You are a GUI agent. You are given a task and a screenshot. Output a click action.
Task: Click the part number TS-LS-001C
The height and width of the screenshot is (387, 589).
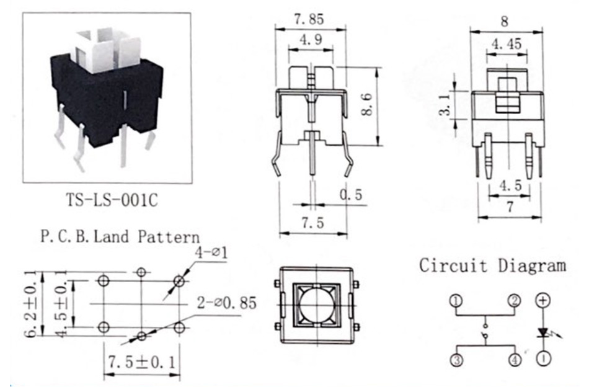click(x=112, y=200)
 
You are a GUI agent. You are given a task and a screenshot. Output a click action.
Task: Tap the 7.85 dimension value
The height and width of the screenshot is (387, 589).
click(x=309, y=19)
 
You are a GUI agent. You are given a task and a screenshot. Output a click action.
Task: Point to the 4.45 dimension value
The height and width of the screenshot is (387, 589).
click(x=507, y=44)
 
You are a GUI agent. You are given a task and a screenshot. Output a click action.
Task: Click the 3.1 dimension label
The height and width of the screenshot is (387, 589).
click(x=445, y=105)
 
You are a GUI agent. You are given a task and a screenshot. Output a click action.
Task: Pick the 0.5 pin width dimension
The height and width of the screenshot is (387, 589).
click(x=351, y=195)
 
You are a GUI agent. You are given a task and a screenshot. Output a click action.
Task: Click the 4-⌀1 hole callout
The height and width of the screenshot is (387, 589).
click(x=211, y=252)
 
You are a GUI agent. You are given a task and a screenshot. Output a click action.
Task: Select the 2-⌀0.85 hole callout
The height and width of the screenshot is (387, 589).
click(x=226, y=303)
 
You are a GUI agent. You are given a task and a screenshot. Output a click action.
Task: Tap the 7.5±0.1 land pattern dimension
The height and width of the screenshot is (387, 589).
click(x=141, y=362)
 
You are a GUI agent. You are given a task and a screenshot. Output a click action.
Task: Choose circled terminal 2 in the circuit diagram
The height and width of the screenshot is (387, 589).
click(x=515, y=301)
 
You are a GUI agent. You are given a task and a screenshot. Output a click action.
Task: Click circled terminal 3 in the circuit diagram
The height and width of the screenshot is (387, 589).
click(x=456, y=360)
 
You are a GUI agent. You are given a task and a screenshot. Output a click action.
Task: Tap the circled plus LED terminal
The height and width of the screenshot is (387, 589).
click(x=542, y=300)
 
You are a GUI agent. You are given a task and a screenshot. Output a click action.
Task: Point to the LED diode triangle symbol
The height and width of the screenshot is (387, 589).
click(x=542, y=332)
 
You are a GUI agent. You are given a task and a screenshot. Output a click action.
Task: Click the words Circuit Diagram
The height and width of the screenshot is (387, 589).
click(x=492, y=265)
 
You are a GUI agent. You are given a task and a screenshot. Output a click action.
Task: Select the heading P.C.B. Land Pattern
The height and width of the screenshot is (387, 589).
click(x=120, y=237)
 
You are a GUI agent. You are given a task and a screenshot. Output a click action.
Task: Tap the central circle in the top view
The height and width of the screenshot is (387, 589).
click(x=316, y=304)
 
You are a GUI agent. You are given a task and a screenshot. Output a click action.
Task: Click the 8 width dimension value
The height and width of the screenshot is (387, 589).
click(x=505, y=21)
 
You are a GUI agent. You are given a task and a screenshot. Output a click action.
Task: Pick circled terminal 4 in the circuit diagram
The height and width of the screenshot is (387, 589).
click(x=515, y=360)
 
